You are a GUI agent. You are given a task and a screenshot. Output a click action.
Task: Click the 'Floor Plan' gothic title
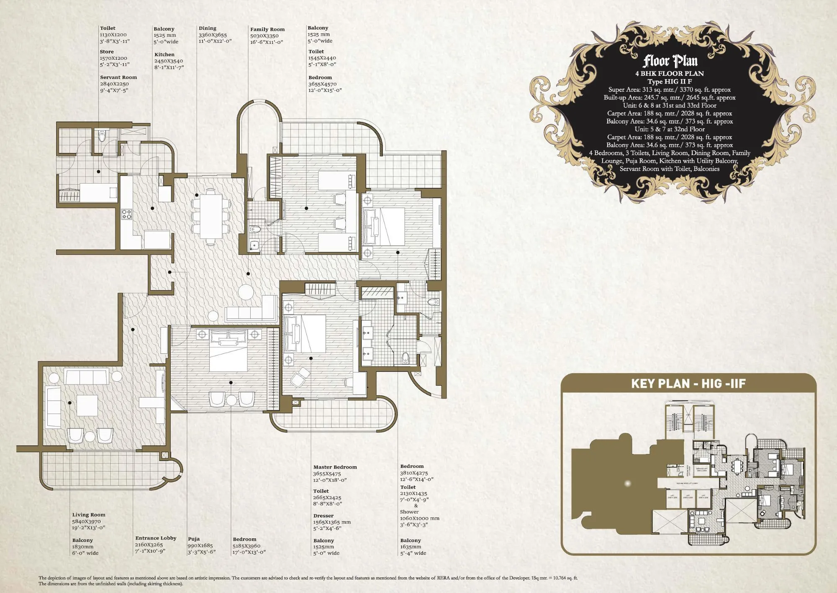point(670,61)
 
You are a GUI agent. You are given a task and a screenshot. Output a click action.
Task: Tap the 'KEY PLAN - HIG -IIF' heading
point(688,383)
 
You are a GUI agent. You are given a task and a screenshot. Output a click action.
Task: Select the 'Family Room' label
point(267,29)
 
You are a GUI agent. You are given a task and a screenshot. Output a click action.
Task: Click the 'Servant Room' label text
point(118,77)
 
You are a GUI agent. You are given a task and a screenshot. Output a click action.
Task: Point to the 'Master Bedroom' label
point(335,467)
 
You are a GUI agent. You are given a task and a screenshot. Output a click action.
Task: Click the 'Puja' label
point(194,539)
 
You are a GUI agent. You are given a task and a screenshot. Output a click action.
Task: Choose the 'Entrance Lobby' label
point(156,538)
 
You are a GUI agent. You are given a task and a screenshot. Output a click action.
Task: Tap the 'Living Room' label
point(89,515)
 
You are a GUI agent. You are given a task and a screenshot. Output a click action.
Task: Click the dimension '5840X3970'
point(86,521)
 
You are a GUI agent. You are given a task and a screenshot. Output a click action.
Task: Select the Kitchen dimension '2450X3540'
point(168,61)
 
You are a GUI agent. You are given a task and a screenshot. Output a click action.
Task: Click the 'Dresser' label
point(324,516)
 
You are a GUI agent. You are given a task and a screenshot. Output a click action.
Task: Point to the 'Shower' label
point(409,512)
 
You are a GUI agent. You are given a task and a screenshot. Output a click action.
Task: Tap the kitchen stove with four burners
point(126,215)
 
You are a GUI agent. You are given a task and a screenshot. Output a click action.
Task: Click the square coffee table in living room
point(87,405)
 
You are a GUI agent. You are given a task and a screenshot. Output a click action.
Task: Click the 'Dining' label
point(208,28)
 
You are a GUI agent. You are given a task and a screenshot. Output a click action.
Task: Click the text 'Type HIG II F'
point(670,82)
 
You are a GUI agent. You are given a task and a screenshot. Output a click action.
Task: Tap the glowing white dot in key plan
point(627,483)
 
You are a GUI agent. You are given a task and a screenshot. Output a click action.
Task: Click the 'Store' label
point(107,52)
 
